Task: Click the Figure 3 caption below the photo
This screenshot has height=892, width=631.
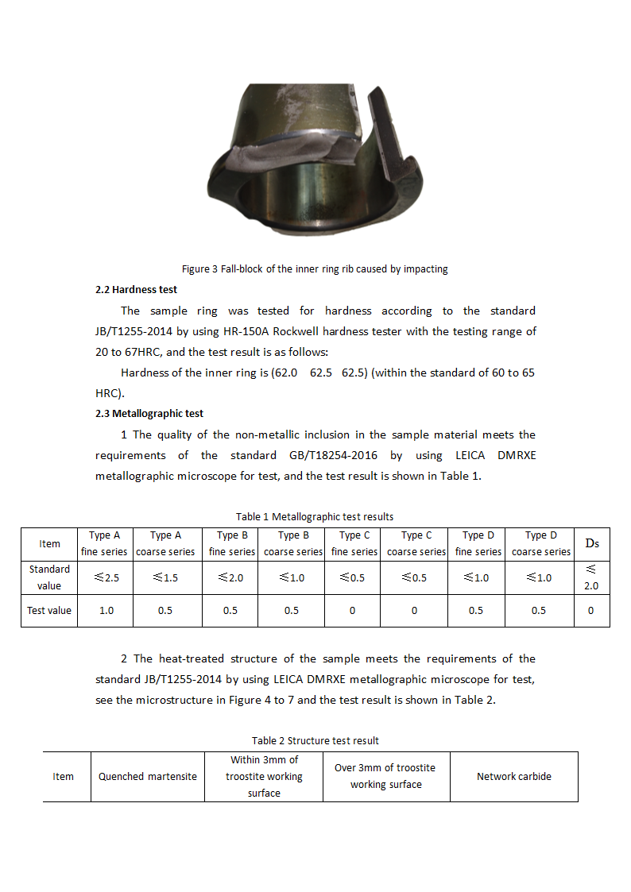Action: pyautogui.click(x=315, y=269)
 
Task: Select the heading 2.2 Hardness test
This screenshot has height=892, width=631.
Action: pyautogui.click(x=136, y=290)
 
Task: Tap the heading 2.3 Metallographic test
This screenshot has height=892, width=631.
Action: pyautogui.click(x=149, y=414)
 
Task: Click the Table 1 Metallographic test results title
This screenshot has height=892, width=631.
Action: pyautogui.click(x=315, y=517)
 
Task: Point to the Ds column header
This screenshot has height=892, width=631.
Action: pyautogui.click(x=591, y=543)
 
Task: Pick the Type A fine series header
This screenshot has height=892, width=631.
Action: pyautogui.click(x=105, y=543)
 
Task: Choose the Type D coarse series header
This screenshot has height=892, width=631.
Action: pyautogui.click(x=540, y=543)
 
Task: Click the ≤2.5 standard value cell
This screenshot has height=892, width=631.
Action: pyautogui.click(x=106, y=578)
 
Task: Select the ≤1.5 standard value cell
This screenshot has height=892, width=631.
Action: pyautogui.click(x=165, y=578)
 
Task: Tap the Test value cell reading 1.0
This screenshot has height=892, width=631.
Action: pyautogui.click(x=106, y=611)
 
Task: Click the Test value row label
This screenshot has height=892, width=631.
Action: pyautogui.click(x=49, y=611)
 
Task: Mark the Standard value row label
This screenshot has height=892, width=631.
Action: pyautogui.click(x=49, y=577)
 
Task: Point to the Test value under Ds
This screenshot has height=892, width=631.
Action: pyautogui.click(x=590, y=611)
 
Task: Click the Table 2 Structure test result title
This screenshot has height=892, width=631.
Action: pyautogui.click(x=315, y=741)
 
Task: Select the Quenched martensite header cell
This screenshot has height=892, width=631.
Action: pyautogui.click(x=148, y=777)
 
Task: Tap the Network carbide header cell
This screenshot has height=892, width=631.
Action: pyautogui.click(x=513, y=777)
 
